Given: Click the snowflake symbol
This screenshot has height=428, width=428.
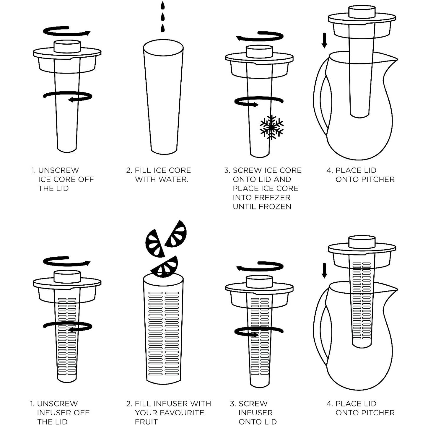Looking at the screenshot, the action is (271, 127).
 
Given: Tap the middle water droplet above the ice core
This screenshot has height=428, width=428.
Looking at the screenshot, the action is (163, 17).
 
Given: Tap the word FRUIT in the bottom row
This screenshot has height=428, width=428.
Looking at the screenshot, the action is (147, 422).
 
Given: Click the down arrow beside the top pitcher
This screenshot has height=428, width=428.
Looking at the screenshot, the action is (324, 40).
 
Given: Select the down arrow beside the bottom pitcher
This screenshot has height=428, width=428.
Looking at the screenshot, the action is (324, 271).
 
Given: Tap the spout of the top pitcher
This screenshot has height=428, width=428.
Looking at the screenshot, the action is (392, 60).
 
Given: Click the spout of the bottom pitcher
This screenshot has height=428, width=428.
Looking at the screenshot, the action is (392, 290).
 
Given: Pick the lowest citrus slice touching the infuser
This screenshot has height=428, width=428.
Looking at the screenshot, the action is (165, 266).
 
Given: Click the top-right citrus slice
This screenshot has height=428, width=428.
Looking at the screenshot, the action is (177, 234).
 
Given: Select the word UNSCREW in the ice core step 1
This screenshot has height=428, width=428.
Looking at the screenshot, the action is (59, 170).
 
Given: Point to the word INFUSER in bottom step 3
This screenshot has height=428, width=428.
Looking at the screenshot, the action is (256, 412).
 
